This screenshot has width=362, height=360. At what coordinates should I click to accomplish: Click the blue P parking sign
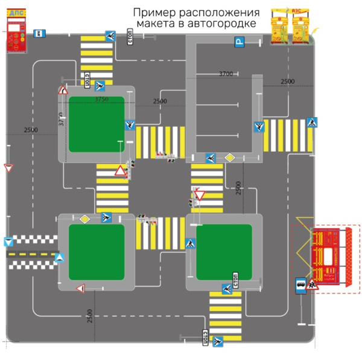point(240,42)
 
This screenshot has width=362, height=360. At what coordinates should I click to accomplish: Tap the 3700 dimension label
point(226,74)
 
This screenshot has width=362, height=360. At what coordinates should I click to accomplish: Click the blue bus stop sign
point(299,286)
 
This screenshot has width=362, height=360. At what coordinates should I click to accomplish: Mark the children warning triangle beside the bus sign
point(312,285)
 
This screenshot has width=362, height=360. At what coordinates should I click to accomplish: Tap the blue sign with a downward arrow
point(8,242)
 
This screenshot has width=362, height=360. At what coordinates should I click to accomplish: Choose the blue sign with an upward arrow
point(60,259)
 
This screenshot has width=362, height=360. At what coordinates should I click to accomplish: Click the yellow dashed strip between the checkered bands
point(31,254)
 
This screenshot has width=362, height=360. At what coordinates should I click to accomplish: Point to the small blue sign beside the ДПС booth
point(40,33)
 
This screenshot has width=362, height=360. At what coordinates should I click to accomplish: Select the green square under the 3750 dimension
point(97,124)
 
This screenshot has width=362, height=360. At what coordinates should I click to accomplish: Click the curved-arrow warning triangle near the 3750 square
point(63,91)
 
